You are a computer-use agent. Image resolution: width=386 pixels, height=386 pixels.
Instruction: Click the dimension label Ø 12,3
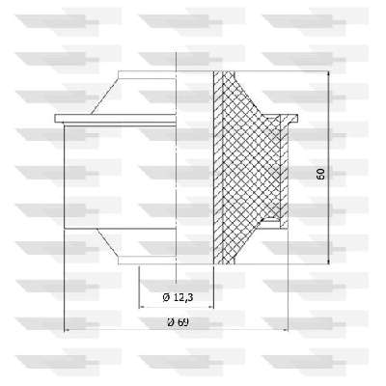pyautogui.click(x=178, y=297)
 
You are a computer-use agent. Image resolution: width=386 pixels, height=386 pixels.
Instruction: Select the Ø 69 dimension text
pyautogui.click(x=178, y=321)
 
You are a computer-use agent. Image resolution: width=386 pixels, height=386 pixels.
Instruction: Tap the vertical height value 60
pyautogui.click(x=320, y=174)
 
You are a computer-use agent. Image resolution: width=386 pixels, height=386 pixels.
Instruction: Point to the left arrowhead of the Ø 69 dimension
pyautogui.click(x=67, y=330)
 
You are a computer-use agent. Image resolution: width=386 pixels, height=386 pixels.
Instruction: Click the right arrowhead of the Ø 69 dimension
pyautogui.click(x=285, y=330)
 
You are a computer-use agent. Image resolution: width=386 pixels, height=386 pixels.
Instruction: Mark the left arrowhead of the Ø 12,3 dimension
pyautogui.click(x=141, y=307)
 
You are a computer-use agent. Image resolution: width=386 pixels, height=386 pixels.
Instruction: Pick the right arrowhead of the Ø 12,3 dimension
pyautogui.click(x=211, y=307)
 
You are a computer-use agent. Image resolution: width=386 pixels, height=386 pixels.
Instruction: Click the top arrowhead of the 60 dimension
pyautogui.click(x=328, y=73)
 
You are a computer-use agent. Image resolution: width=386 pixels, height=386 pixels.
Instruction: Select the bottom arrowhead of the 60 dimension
pyautogui.click(x=328, y=262)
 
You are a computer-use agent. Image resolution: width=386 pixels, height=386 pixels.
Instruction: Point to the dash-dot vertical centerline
pyautogui.click(x=177, y=167)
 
